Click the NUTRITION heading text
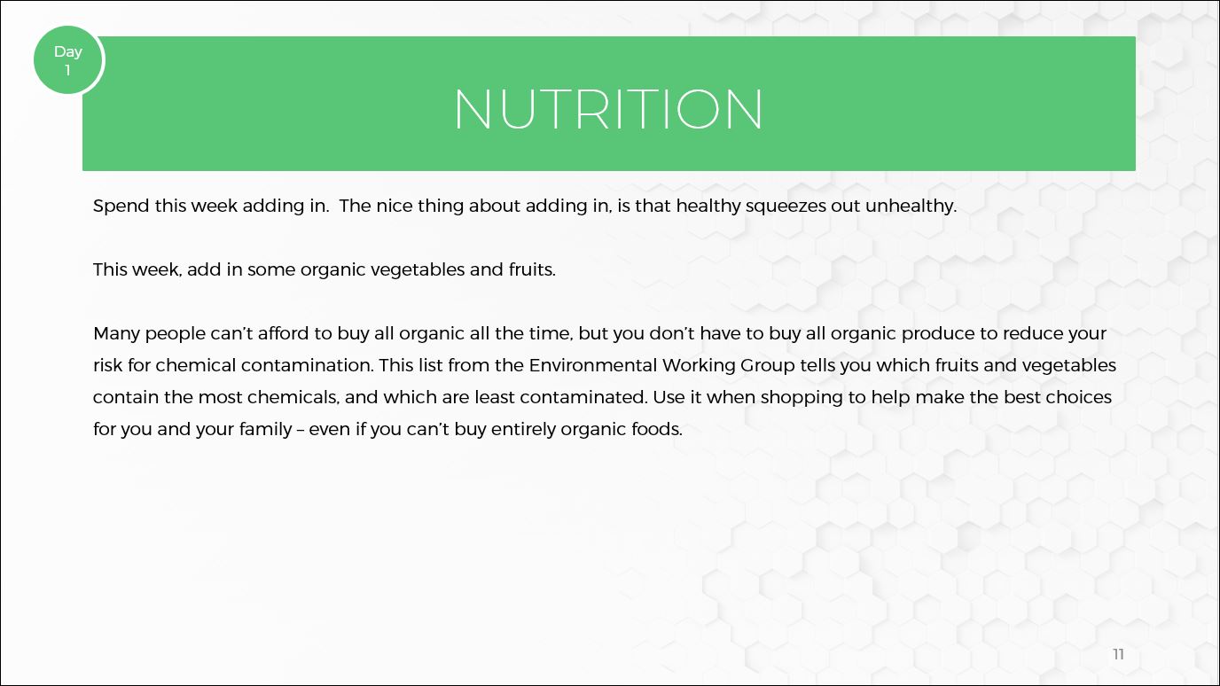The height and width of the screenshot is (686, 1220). pyautogui.click(x=608, y=109)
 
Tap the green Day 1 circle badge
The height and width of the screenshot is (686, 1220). pyautogui.click(x=68, y=60)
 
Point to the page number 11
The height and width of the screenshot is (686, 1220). pyautogui.click(x=1118, y=654)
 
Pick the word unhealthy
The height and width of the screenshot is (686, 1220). pyautogui.click(x=911, y=207)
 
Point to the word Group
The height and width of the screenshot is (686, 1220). pyautogui.click(x=768, y=366)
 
